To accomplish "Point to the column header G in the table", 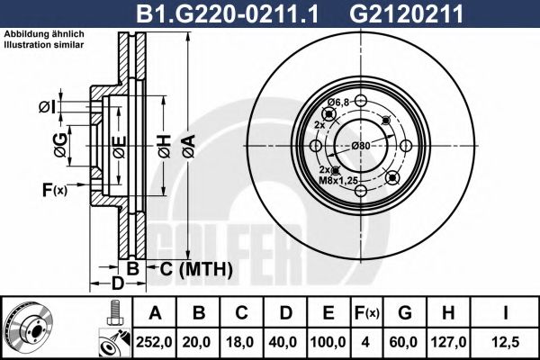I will coord(405,312).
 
